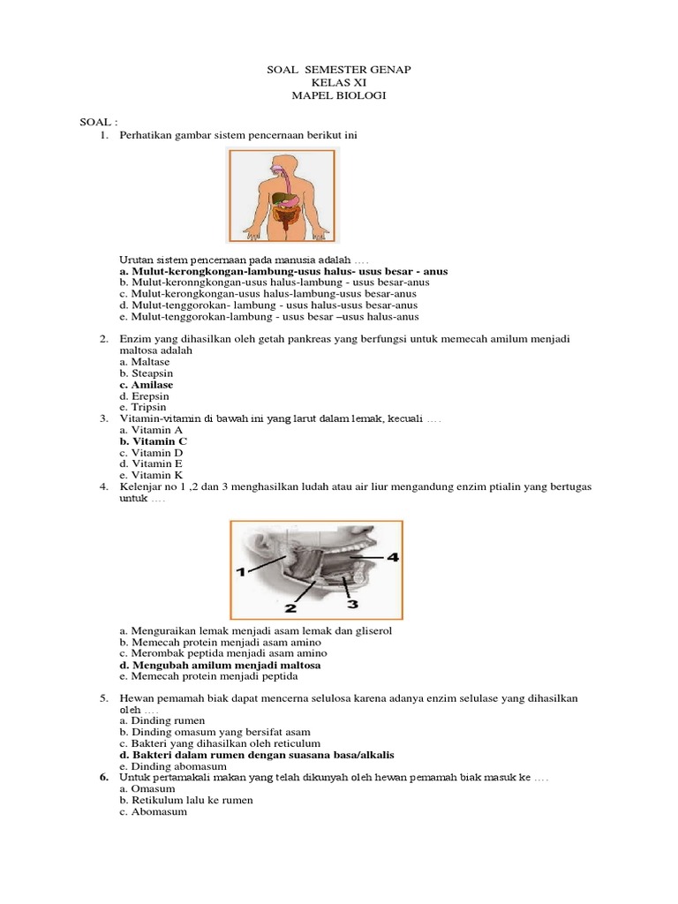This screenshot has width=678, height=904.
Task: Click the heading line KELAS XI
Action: [x=339, y=83]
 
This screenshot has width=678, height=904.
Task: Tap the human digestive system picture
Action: [x=281, y=196]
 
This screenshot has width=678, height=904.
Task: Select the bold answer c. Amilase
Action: [x=146, y=385]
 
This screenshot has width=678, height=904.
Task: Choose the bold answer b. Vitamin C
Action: [x=153, y=440]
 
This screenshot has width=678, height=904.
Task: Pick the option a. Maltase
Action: [x=145, y=362]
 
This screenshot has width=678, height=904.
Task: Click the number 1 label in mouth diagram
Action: [x=239, y=573]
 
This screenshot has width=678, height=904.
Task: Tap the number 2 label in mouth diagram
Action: [x=290, y=607]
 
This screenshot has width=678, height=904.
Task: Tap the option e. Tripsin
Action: [x=142, y=408]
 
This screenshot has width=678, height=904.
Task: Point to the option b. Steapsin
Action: [x=146, y=373]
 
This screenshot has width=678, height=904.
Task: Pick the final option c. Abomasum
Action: [x=153, y=811]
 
